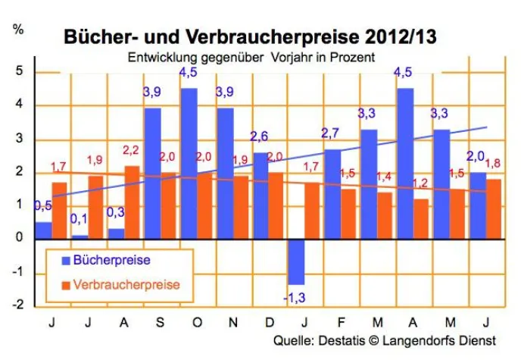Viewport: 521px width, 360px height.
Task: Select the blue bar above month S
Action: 152,173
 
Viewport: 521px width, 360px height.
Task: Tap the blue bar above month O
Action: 189,163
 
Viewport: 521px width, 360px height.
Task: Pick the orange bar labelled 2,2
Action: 132,202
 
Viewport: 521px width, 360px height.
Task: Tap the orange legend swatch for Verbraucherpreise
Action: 66,285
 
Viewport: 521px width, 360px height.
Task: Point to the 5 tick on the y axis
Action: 20,71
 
